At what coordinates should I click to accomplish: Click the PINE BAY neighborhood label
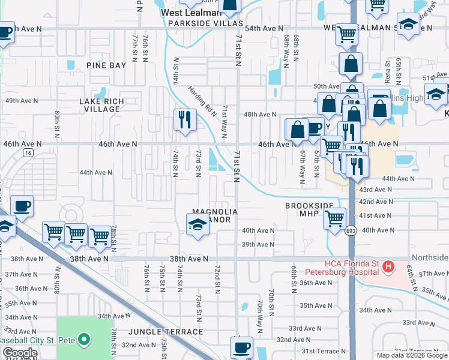click(106, 65)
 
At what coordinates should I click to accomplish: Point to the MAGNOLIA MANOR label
click(214, 215)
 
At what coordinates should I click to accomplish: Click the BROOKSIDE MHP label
click(309, 209)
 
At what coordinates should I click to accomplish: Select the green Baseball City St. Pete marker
click(84, 340)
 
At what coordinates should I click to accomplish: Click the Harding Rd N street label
click(201, 99)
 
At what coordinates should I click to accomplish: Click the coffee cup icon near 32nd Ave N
click(242, 347)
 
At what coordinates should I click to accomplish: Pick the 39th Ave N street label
click(258, 245)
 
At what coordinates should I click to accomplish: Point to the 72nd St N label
click(217, 275)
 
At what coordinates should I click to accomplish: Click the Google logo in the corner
click(20, 353)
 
